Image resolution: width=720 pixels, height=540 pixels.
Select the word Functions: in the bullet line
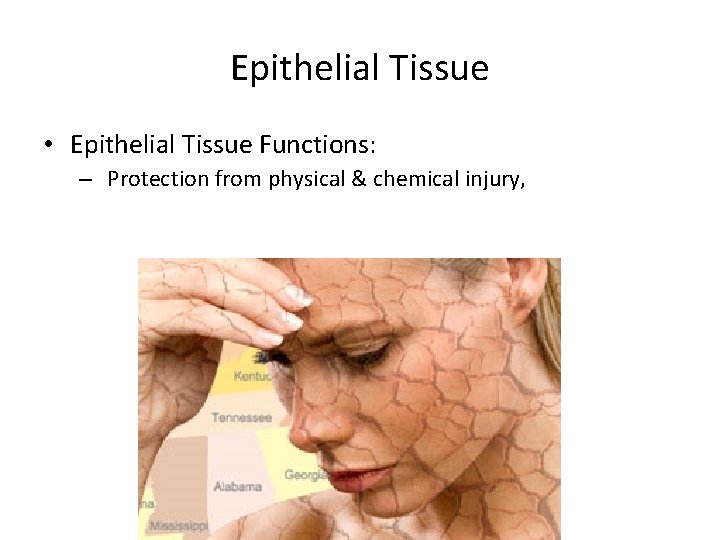click(x=317, y=145)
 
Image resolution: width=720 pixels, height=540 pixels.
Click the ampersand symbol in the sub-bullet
click(x=358, y=180)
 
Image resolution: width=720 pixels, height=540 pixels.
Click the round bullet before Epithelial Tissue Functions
click(x=48, y=146)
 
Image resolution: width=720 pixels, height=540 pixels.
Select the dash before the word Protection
click(x=88, y=181)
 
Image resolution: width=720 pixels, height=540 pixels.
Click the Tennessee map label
click(x=242, y=417)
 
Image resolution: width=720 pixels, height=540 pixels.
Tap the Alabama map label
click(x=237, y=487)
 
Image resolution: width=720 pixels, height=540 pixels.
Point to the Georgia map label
click(x=303, y=475)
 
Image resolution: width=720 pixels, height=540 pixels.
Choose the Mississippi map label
click(x=178, y=525)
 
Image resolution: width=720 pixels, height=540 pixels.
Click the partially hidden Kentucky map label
click(x=253, y=376)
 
